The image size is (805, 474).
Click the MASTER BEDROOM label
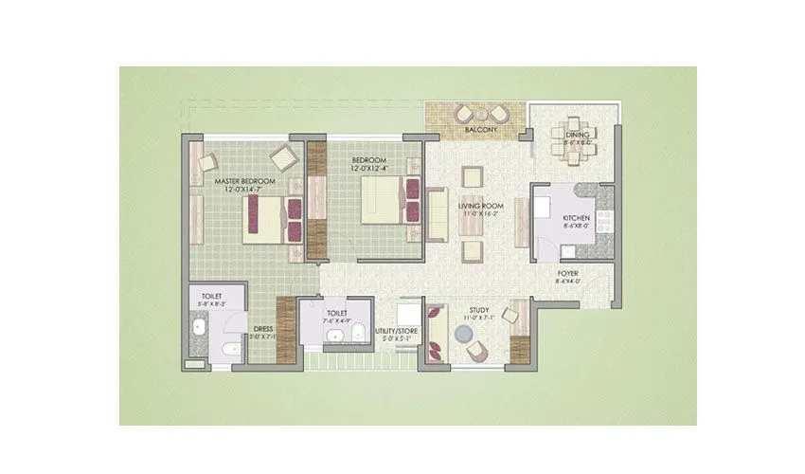pos(244,180)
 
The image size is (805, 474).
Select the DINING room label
pos(578,135)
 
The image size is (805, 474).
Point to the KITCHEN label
pos(577,218)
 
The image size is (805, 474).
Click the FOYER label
pos(568,274)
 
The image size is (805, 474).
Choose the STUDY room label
pos(479,310)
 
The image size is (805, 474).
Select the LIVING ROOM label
pos(480,205)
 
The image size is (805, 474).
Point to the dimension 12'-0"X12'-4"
pos(371,170)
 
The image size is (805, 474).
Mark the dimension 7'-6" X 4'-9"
pos(338,320)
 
